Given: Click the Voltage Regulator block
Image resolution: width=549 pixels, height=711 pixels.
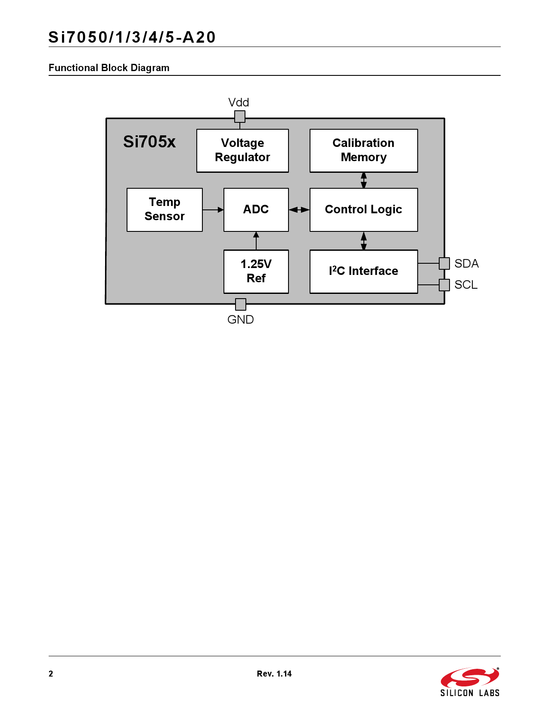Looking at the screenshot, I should (x=242, y=150).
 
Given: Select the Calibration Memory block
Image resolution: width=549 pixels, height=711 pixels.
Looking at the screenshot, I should (x=363, y=150).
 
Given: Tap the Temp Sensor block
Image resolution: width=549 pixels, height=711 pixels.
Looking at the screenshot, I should (x=164, y=209).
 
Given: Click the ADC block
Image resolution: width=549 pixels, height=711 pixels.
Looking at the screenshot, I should (x=256, y=209).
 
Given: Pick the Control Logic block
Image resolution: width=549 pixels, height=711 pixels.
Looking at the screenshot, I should (x=363, y=209).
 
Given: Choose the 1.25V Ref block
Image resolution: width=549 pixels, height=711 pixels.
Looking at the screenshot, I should (x=256, y=271).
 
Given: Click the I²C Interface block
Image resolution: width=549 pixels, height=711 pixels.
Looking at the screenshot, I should (x=363, y=271).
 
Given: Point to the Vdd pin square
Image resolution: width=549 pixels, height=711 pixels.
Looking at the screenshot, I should (x=240, y=116).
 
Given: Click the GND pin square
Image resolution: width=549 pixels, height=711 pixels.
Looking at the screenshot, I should (x=241, y=304).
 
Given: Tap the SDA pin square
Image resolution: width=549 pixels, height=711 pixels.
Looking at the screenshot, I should (x=444, y=263).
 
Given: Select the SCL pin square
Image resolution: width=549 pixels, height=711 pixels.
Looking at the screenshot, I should (x=444, y=285).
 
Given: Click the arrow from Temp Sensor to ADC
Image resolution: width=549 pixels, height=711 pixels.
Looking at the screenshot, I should (x=213, y=210).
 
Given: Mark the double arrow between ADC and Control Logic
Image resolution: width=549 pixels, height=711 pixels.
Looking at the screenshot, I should (x=299, y=210).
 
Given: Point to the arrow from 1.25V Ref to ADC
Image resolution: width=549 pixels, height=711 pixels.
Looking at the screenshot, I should (x=256, y=241).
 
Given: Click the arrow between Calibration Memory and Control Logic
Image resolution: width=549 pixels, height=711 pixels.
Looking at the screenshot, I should (x=364, y=180).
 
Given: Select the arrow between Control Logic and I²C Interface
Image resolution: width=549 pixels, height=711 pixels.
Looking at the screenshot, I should (x=364, y=241).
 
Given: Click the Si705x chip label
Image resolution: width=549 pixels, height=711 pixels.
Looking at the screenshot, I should (x=149, y=142).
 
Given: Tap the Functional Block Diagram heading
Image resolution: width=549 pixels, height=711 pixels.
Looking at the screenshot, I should (x=109, y=68).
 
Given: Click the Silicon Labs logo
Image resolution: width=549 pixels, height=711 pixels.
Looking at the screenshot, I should (x=470, y=682).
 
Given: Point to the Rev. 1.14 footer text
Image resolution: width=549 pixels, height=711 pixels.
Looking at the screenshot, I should (x=274, y=674).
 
